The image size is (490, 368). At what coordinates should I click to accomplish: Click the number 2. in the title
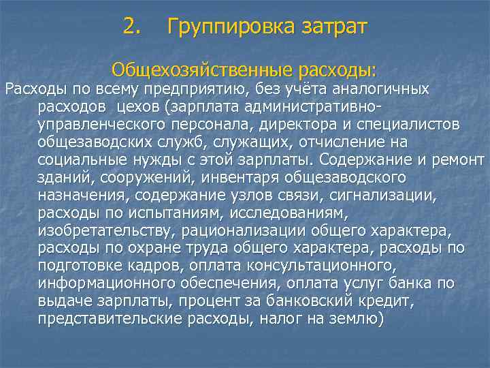[133, 27]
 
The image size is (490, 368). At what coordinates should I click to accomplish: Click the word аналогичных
[385, 89]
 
